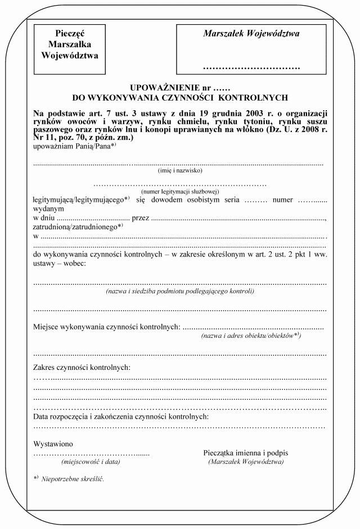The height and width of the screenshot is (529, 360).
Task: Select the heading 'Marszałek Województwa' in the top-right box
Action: (251, 33)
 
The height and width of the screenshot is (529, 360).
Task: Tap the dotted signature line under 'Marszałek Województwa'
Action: (251, 69)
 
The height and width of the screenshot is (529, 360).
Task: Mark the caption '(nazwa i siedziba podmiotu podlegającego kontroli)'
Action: (180, 292)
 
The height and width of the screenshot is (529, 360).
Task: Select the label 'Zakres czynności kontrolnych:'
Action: (82, 368)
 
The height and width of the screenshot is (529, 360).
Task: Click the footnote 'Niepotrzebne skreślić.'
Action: (73, 480)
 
